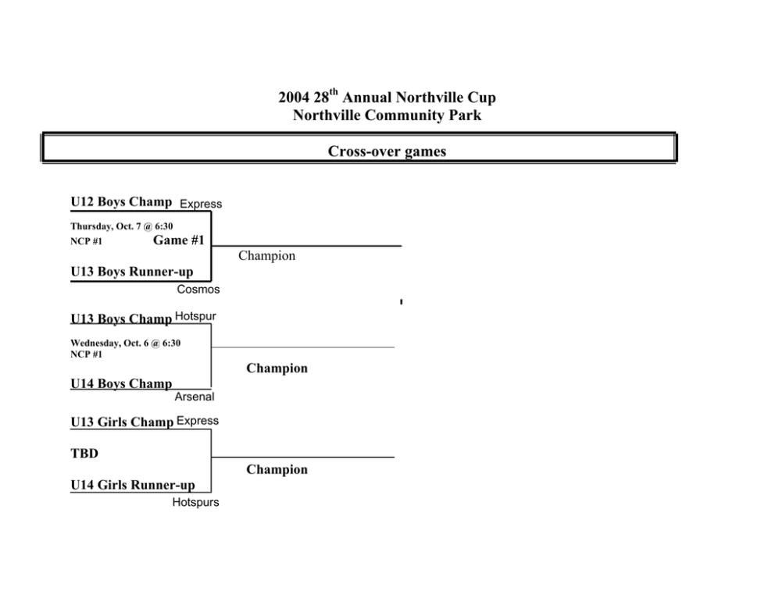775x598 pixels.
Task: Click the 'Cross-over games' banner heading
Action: pyautogui.click(x=387, y=151)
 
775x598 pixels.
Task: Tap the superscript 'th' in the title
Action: pyautogui.click(x=334, y=92)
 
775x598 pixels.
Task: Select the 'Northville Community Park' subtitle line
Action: pyautogui.click(x=387, y=115)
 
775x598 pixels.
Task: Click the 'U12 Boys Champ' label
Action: pyautogui.click(x=121, y=202)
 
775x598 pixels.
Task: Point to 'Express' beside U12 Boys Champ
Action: pyautogui.click(x=201, y=204)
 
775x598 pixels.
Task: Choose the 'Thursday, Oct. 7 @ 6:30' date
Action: pyautogui.click(x=122, y=226)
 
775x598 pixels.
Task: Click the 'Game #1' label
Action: pyautogui.click(x=178, y=240)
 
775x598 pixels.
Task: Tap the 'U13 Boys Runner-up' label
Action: pyautogui.click(x=132, y=272)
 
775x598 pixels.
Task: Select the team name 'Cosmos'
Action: pyautogui.click(x=198, y=290)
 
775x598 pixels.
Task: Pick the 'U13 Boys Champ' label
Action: pyautogui.click(x=121, y=319)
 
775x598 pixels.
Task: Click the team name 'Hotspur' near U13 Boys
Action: pyautogui.click(x=195, y=316)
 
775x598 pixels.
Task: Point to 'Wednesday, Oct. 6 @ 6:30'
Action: pyautogui.click(x=126, y=343)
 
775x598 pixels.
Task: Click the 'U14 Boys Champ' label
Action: pyautogui.click(x=121, y=383)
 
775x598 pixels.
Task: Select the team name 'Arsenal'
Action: pyautogui.click(x=195, y=397)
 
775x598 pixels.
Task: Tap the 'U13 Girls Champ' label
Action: pyautogui.click(x=122, y=422)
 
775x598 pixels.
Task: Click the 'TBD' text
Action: pyautogui.click(x=84, y=454)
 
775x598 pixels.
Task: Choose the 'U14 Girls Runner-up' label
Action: pyautogui.click(x=133, y=485)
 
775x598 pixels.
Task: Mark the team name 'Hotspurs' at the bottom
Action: pyautogui.click(x=196, y=502)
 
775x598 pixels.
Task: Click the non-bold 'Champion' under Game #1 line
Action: pyautogui.click(x=267, y=256)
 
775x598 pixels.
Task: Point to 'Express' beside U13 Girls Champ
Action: pyautogui.click(x=197, y=421)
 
